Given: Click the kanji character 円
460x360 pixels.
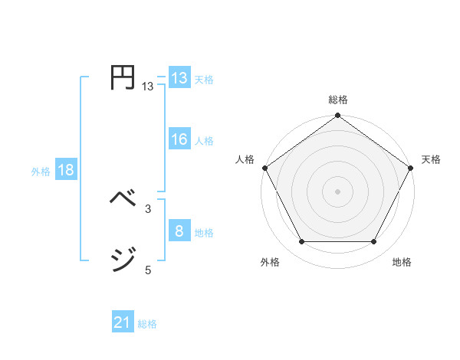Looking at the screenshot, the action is (123, 78).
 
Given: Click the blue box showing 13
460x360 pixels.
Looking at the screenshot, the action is (179, 78).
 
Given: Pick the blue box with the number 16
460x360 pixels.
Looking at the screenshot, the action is (179, 139).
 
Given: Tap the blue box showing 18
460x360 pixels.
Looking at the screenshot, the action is (66, 170).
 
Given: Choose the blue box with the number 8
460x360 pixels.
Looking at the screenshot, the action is (179, 231).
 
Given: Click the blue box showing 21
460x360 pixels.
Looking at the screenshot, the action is (123, 322).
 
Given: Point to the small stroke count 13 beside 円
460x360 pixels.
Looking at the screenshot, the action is (147, 87).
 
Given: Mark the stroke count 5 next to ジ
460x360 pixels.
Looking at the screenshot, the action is (147, 270).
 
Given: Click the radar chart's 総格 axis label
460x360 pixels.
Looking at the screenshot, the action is (338, 100).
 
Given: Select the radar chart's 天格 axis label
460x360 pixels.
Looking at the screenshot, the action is (431, 159).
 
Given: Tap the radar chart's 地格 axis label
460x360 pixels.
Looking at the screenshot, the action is (402, 262).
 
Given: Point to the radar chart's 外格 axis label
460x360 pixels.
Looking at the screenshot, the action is (270, 262).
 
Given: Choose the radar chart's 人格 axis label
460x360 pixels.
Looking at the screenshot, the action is (245, 159).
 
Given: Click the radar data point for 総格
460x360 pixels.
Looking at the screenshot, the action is (338, 116).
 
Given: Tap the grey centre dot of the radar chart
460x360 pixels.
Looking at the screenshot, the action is (338, 191).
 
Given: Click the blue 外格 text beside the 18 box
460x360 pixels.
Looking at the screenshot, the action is (41, 172).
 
